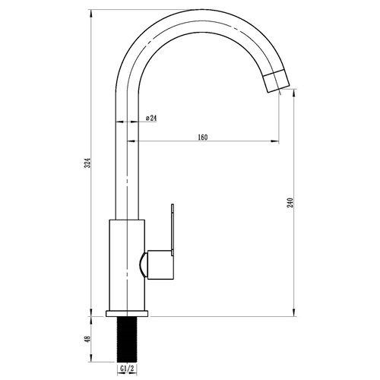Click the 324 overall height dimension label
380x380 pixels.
coord(88,163)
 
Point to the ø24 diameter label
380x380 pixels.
coord(150,119)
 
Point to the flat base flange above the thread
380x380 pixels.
coord(127,313)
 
